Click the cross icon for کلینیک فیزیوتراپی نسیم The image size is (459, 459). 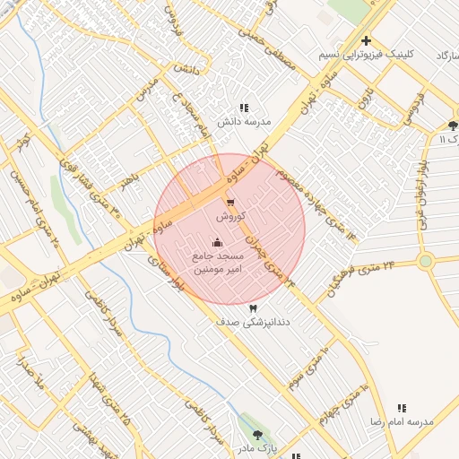tap(366, 41)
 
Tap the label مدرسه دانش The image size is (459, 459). tap(244, 121)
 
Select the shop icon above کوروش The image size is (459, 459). tap(230, 203)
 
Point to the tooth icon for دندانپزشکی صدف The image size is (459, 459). tap(228, 307)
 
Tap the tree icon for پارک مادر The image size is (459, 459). tap(258, 434)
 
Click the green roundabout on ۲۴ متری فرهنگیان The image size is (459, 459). tap(425, 262)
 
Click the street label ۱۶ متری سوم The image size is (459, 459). tap(309, 367)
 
